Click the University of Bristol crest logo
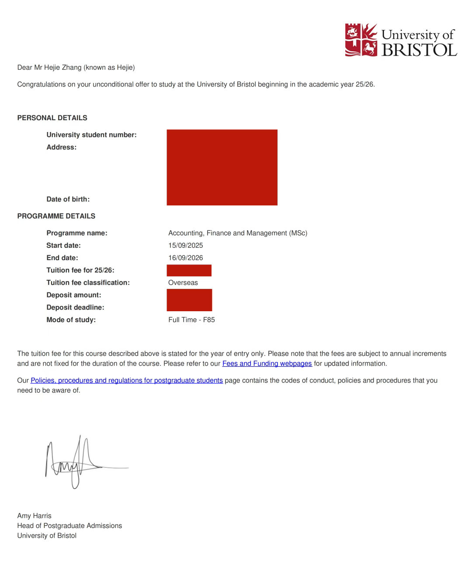pyautogui.click(x=361, y=40)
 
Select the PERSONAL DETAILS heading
pyautogui.click(x=52, y=118)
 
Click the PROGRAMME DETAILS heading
pyautogui.click(x=56, y=216)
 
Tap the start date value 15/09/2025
pyautogui.click(x=185, y=246)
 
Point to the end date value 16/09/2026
pyautogui.click(x=185, y=258)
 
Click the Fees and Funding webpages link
pyautogui.click(x=267, y=364)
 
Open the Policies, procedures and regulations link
pyautogui.click(x=126, y=381)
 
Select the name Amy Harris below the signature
pyautogui.click(x=34, y=516)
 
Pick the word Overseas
pyautogui.click(x=183, y=283)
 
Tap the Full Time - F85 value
pyautogui.click(x=191, y=320)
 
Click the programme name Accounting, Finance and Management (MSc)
pyautogui.click(x=237, y=233)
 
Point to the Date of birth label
pyautogui.click(x=68, y=199)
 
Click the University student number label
pyautogui.click(x=91, y=135)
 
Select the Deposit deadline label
pyautogui.click(x=75, y=308)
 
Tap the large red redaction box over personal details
pyautogui.click(x=222, y=167)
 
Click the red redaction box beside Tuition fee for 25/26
pyautogui.click(x=189, y=271)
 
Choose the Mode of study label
pyautogui.click(x=71, y=320)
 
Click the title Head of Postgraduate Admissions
pyautogui.click(x=69, y=526)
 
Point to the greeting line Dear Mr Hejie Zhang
pyautogui.click(x=76, y=68)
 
